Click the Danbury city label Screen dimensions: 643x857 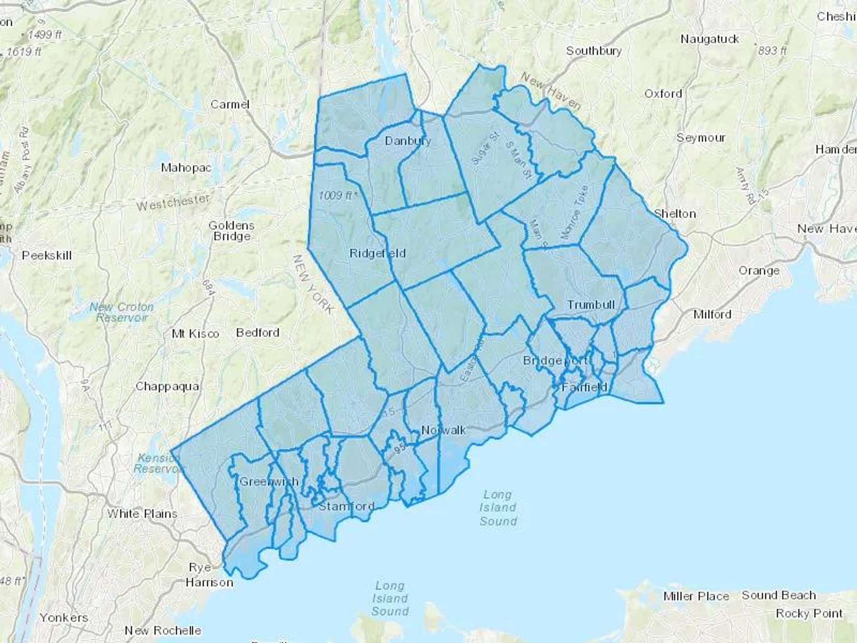click(408, 141)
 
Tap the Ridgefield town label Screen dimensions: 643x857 click(377, 253)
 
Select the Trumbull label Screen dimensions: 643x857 click(590, 305)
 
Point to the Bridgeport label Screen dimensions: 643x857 click(555, 361)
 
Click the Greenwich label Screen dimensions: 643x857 click(269, 482)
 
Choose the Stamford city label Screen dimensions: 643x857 click(346, 506)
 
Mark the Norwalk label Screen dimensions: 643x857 click(443, 430)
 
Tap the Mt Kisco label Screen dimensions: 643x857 click(195, 334)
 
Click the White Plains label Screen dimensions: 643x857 click(142, 513)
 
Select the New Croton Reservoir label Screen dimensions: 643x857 click(122, 312)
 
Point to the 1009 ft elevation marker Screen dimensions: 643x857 click(338, 195)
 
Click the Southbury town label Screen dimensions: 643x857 click(594, 50)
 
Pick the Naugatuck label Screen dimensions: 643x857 click(709, 39)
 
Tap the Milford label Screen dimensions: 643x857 click(712, 314)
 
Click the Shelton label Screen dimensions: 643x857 click(675, 214)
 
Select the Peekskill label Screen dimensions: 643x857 click(47, 255)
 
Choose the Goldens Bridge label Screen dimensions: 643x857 click(231, 231)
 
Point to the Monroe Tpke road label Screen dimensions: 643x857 click(575, 212)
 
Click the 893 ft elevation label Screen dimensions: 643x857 click(772, 50)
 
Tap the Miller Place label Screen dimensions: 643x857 click(696, 596)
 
